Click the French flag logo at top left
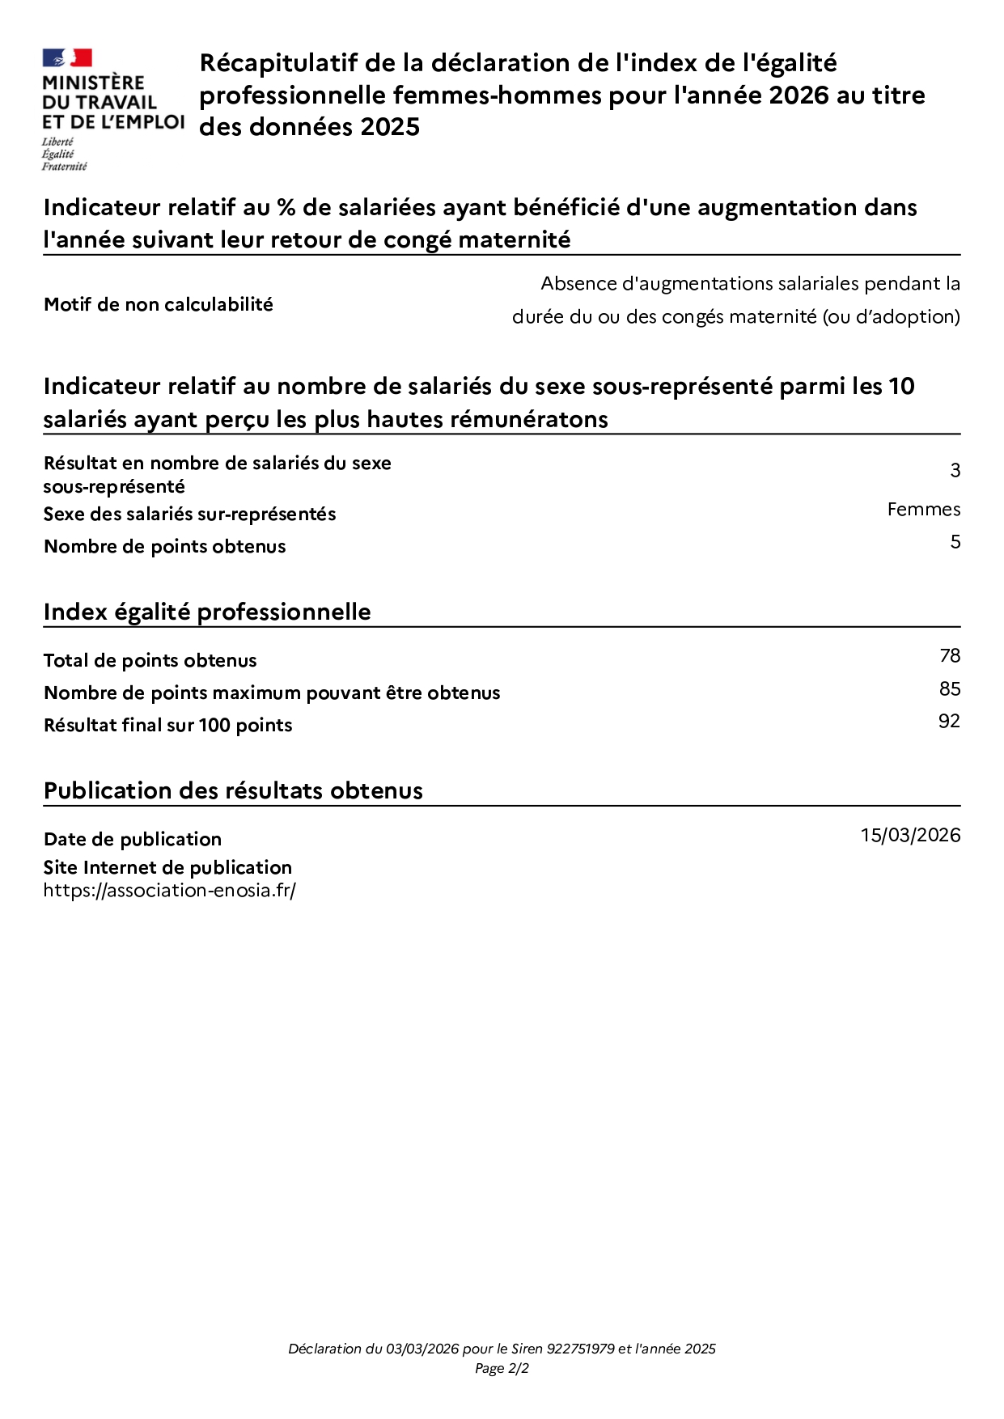67,58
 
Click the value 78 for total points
950,656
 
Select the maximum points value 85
950,689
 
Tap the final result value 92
949,722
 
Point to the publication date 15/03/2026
910,836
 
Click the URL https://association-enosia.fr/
170,891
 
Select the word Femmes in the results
923,510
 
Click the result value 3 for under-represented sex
955,471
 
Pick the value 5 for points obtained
955,542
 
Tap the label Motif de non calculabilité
159,305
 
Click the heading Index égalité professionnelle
207,612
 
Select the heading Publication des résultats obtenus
233,791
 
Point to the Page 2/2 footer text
502,1369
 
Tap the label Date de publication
133,840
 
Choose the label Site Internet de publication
167,868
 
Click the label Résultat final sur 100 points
168,726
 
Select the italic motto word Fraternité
65,167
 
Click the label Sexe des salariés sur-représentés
189,515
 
